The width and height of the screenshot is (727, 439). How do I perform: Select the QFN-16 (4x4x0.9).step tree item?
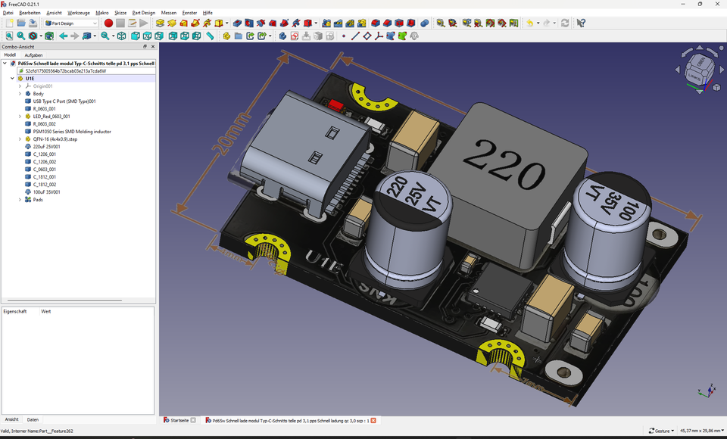(55, 139)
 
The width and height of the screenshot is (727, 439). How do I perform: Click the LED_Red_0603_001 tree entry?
(51, 117)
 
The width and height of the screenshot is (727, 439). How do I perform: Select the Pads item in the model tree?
(38, 200)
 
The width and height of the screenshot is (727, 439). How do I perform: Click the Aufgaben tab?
(33, 55)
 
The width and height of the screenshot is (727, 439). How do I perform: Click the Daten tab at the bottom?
(33, 419)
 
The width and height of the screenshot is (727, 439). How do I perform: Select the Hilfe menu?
(207, 13)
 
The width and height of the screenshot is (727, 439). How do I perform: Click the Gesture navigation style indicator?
(662, 431)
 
